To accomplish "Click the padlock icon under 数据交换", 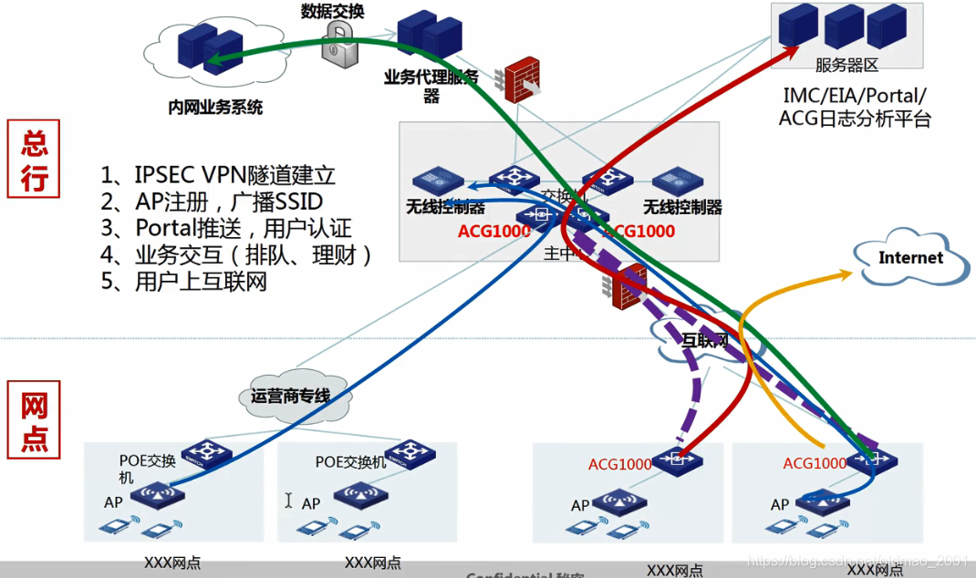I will [x=338, y=42].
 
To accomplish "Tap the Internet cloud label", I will [x=909, y=258].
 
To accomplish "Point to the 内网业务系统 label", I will [x=215, y=108].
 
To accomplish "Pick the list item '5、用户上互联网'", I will [x=184, y=281].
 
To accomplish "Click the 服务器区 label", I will [x=846, y=65].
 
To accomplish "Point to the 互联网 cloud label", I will [x=705, y=341].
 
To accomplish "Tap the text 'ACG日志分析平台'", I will [x=854, y=119].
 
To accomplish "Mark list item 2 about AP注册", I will [x=212, y=201].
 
